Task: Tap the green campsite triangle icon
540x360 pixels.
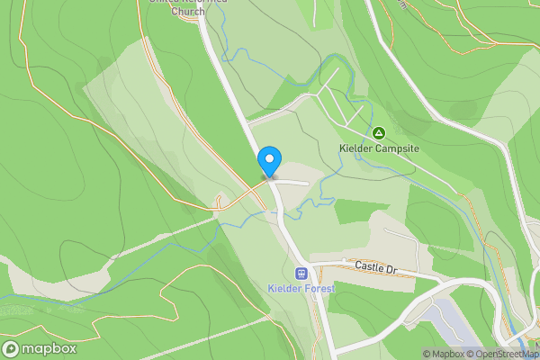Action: coord(379,132)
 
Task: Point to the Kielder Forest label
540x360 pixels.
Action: coord(301,288)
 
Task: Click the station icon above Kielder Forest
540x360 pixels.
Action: coord(301,273)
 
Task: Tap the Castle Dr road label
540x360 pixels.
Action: coord(375,267)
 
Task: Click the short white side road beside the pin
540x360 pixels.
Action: coord(292,182)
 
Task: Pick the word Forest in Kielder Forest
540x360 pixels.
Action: coord(319,288)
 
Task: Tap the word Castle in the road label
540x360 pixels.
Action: coord(369,267)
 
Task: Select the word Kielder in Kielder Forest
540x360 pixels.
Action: coord(283,288)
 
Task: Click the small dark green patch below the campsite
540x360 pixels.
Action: coord(353,211)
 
